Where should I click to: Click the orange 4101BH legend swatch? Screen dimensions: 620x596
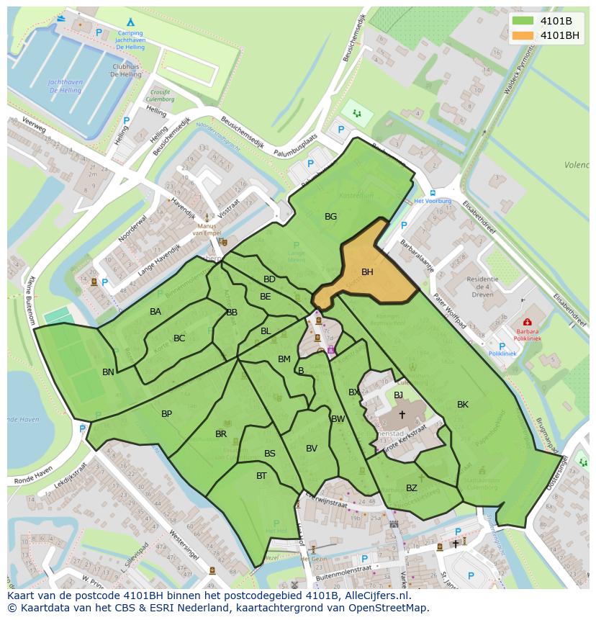(x=523, y=35)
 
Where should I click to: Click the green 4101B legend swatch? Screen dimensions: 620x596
(x=523, y=21)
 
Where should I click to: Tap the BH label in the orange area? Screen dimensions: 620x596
(x=367, y=272)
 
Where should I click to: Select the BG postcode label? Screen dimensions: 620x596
(x=330, y=216)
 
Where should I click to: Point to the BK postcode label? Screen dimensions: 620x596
(x=462, y=405)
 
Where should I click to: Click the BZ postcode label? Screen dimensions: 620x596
(x=411, y=488)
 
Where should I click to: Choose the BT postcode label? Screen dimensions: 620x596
(x=261, y=476)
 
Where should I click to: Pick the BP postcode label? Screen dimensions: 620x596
(x=166, y=414)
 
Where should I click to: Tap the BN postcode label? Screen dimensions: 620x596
(x=108, y=372)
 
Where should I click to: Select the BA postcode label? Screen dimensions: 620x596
(x=155, y=312)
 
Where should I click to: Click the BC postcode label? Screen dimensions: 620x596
(x=179, y=338)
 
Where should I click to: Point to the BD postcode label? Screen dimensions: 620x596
(x=269, y=279)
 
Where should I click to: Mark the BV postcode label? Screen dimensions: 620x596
(x=311, y=449)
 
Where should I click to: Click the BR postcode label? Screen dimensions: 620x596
(x=221, y=434)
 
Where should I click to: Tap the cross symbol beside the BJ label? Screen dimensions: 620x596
(x=402, y=414)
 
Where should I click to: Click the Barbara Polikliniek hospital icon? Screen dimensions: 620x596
(x=528, y=322)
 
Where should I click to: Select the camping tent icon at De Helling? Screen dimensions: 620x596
(x=130, y=22)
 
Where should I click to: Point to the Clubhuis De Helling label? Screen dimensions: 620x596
(x=127, y=70)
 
